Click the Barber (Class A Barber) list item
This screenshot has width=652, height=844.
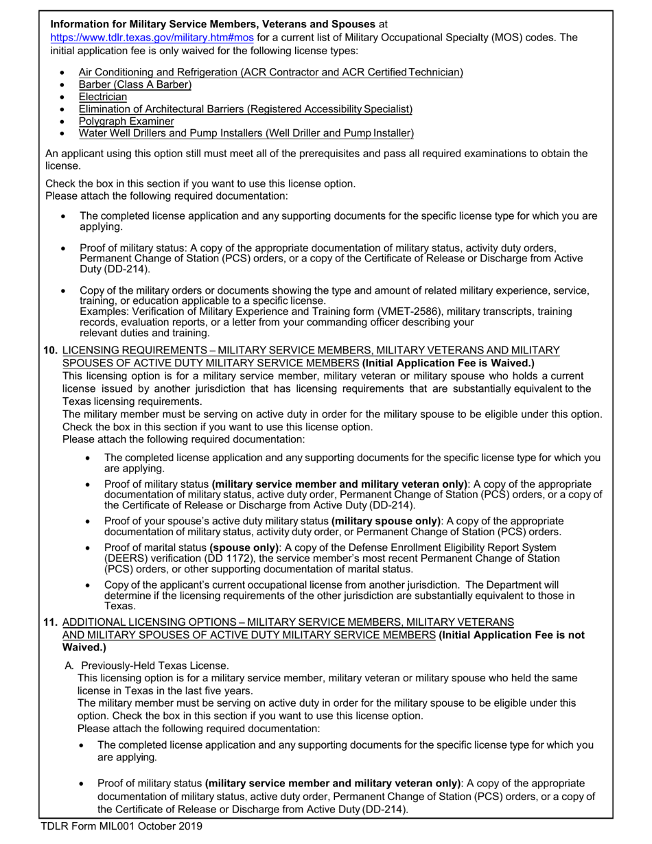[x=135, y=84]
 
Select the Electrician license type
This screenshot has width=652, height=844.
[x=102, y=97]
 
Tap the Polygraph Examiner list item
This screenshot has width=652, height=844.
[x=126, y=121]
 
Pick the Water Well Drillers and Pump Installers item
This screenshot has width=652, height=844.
[x=246, y=133]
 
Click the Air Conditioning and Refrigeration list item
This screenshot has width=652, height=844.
[x=270, y=72]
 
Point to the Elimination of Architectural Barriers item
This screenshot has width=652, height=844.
[x=245, y=109]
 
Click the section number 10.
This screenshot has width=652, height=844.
[x=50, y=350]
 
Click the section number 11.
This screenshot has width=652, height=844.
[x=50, y=622]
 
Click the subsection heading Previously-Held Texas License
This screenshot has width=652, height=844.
[x=155, y=666]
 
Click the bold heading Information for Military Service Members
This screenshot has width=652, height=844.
[x=213, y=25]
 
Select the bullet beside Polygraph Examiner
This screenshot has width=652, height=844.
[x=64, y=121]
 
